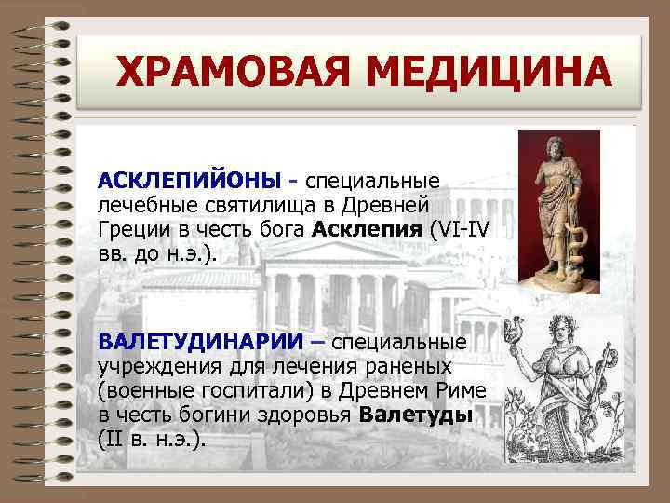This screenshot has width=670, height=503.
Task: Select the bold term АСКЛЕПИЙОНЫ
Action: pyautogui.click(x=186, y=177)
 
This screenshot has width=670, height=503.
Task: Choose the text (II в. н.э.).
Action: pyautogui.click(x=151, y=439)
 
